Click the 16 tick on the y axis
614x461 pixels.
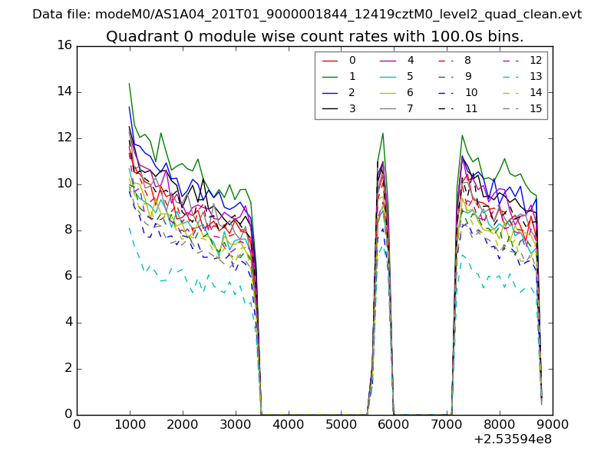click(64, 45)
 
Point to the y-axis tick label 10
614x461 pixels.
click(64, 184)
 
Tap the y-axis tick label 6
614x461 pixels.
click(67, 276)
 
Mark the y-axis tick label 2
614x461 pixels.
click(67, 368)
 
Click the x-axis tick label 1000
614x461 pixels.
click(130, 423)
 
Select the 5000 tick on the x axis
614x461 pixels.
click(341, 423)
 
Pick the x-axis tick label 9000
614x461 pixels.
click(553, 423)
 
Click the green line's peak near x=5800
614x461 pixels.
click(382, 134)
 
